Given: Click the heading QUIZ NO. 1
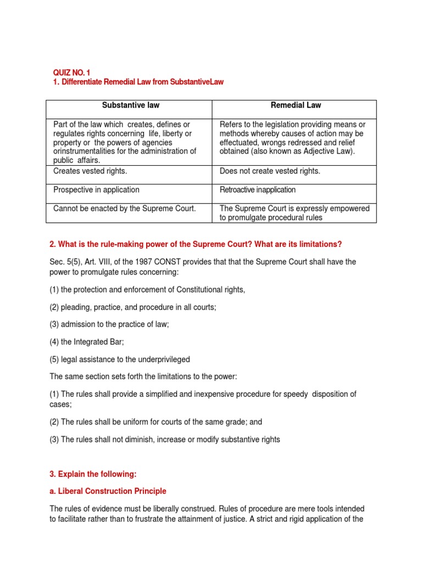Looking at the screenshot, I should coord(71,72).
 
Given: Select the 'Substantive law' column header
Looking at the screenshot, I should coord(129,105).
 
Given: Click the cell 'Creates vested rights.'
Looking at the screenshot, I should coord(90,171).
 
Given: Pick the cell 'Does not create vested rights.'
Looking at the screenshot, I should coord(269,171).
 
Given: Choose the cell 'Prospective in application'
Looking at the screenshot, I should coord(96,190).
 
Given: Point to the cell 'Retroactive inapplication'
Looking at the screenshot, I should coord(257,190).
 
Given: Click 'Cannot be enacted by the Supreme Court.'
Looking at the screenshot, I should coord(124,209).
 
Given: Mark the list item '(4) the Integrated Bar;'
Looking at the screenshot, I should coord(87,342).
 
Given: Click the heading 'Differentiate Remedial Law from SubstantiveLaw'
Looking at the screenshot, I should coord(142,82).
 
